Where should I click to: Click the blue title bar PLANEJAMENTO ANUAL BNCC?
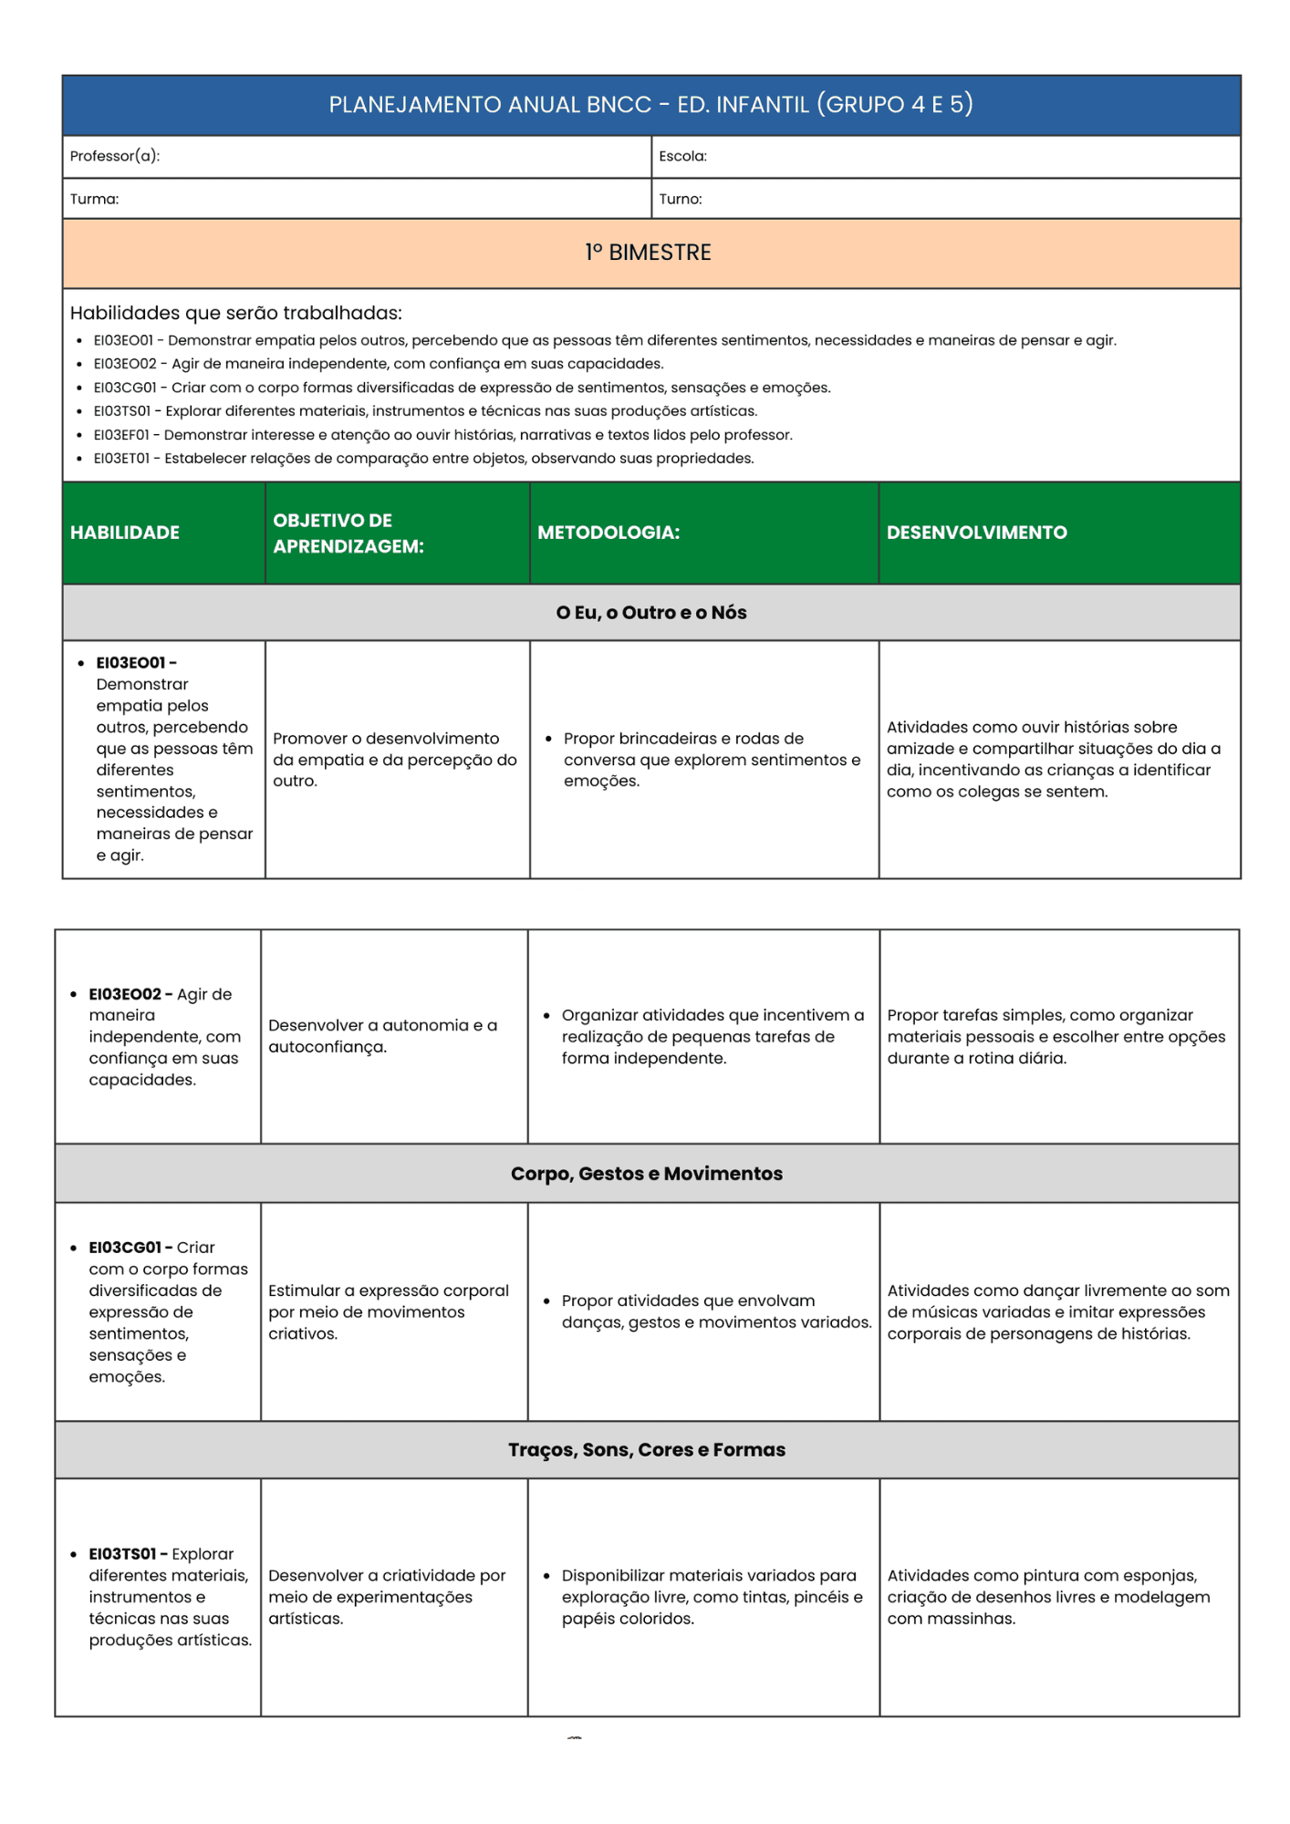[x=650, y=105]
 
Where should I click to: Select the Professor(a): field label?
[x=115, y=156]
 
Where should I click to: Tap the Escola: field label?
[x=682, y=156]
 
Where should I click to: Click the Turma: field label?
[x=94, y=199]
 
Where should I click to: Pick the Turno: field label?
[x=681, y=199]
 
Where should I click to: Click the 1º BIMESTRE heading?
[x=649, y=253]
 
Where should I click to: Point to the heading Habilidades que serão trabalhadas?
[x=235, y=313]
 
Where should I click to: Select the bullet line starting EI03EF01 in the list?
[x=442, y=435]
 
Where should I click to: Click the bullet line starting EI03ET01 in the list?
[x=423, y=459]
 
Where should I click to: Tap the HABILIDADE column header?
[x=125, y=533]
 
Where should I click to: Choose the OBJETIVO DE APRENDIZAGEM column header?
[x=348, y=533]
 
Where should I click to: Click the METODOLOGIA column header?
[x=609, y=533]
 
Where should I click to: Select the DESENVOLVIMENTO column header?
[x=976, y=533]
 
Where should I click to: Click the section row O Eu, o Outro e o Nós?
[x=650, y=613]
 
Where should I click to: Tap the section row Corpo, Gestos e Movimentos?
[x=646, y=1174]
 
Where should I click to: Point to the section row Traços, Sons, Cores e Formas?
[x=646, y=1449]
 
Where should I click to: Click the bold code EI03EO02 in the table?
[x=125, y=994]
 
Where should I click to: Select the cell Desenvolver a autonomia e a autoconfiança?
[x=382, y=1036]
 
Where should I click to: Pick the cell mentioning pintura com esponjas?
[x=1048, y=1597]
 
